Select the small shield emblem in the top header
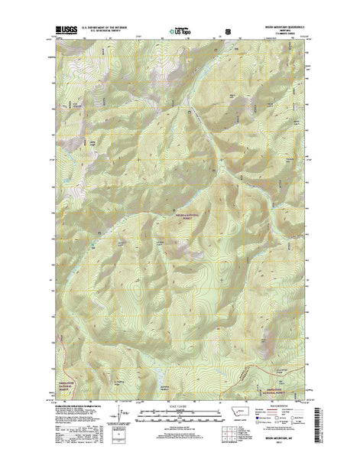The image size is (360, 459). (x=225, y=33)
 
